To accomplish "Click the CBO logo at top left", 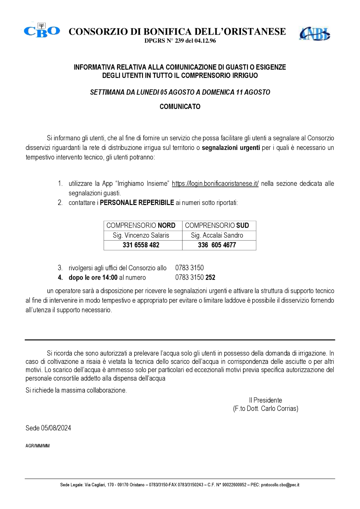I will (x=42, y=30).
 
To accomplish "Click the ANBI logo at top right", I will (x=314, y=33).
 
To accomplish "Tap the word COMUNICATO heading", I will (x=180, y=107).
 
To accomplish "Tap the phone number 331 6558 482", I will (x=141, y=245).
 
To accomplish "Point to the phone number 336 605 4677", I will (x=217, y=245).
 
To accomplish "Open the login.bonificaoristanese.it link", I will (x=215, y=184).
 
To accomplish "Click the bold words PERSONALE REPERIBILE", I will (x=137, y=203).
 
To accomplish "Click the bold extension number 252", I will (x=210, y=277).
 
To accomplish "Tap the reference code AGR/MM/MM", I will (x=37, y=446).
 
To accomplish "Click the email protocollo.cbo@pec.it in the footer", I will (x=280, y=485).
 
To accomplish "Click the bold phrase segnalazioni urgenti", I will (x=231, y=148).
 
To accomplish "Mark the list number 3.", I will (x=60, y=268).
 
